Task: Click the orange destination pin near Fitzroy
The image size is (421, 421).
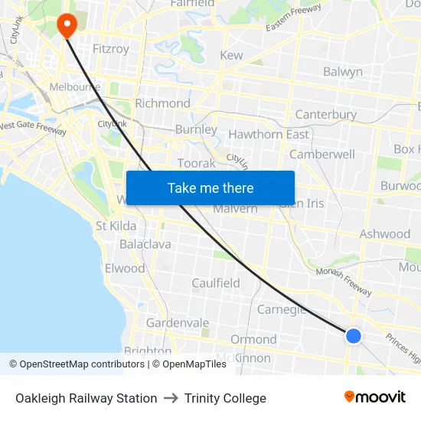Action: pos(67,25)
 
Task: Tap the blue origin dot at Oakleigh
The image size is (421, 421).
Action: pos(353,335)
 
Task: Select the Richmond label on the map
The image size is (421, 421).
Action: pos(162,103)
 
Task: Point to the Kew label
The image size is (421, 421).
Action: pos(231,55)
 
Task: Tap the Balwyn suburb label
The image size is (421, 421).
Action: pos(342,72)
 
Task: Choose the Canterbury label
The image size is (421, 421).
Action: pos(326,115)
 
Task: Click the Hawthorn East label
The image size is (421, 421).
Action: pos(269,135)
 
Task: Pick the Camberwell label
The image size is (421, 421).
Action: pos(321,154)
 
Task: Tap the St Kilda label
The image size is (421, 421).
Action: pos(116,226)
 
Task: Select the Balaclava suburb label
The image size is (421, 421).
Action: pos(145,244)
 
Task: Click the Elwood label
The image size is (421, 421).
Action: pos(125,269)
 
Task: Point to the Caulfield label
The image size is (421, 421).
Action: pos(216,283)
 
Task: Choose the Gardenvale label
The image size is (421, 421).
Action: pos(178,323)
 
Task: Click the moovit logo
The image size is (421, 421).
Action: pos(375,397)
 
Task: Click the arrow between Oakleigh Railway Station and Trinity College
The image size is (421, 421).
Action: pos(171,398)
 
